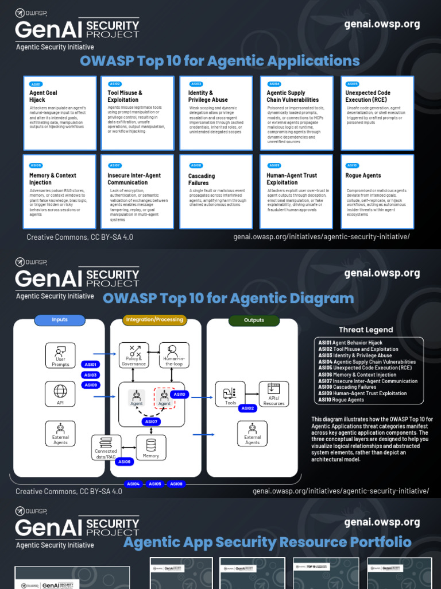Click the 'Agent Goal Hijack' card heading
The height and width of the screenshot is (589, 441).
tap(44, 96)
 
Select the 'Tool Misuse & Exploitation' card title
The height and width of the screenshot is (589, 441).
tap(125, 96)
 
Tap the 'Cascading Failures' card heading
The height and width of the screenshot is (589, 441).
tap(202, 179)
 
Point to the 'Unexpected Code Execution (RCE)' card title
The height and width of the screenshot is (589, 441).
tap(368, 96)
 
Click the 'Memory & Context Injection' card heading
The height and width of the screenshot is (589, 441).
tap(53, 179)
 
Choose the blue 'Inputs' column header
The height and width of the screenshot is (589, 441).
tap(60, 320)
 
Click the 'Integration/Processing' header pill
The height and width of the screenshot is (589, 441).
tap(154, 320)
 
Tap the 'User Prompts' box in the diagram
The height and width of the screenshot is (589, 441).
tap(60, 355)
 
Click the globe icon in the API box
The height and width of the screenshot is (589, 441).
tap(60, 391)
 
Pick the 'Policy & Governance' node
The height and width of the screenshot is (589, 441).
tap(134, 355)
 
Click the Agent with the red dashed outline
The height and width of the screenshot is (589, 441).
tap(164, 397)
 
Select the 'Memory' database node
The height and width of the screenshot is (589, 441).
tap(151, 447)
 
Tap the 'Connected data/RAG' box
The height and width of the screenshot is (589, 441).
tap(106, 447)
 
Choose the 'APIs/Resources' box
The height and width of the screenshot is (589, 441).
tap(273, 394)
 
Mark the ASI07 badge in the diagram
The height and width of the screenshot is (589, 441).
tap(152, 422)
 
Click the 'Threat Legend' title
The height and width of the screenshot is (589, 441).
tap(366, 330)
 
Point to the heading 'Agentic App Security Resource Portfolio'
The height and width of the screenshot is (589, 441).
tap(267, 542)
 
